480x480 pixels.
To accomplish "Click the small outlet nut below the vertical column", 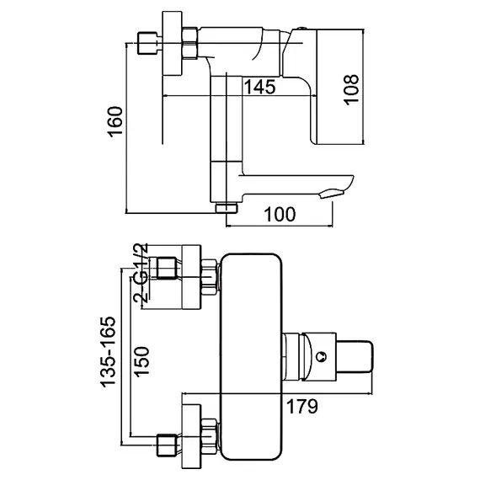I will tap(227, 206).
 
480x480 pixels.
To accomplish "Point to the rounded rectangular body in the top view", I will tap(249, 354).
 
